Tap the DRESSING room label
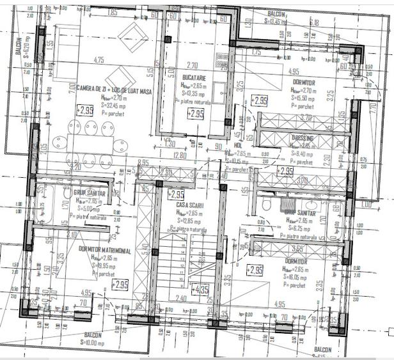pyautogui.click(x=302, y=137)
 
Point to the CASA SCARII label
pyautogui.click(x=190, y=204)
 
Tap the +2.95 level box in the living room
pyautogui.click(x=85, y=111)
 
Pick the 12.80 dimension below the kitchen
pyautogui.click(x=180, y=155)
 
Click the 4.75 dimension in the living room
pyautogui.click(x=98, y=60)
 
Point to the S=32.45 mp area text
pyautogui.click(x=115, y=104)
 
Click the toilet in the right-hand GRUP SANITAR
pyautogui.click(x=267, y=204)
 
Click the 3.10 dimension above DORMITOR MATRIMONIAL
pyautogui.click(x=71, y=234)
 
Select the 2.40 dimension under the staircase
pyautogui.click(x=182, y=298)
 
